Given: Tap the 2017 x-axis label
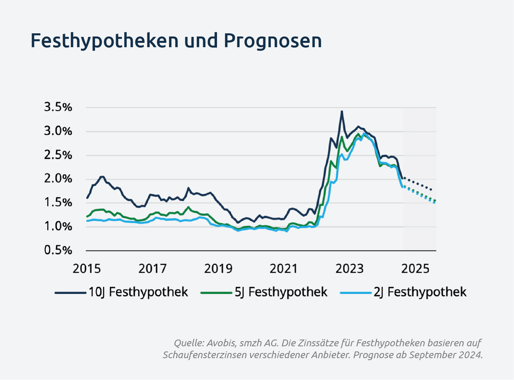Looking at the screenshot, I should (x=153, y=268).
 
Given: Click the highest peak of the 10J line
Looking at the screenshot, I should (x=342, y=112).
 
